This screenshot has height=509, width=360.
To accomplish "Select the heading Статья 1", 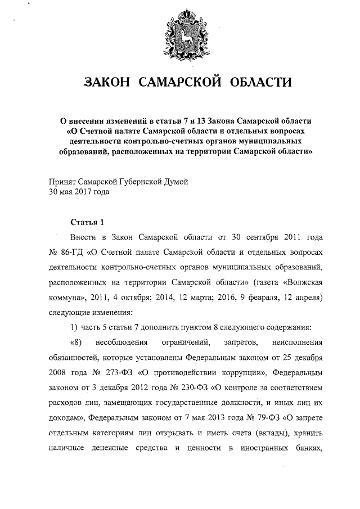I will [x=87, y=220].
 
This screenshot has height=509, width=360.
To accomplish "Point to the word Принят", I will [x=62, y=182].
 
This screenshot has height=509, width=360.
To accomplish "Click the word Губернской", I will [x=139, y=182].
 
